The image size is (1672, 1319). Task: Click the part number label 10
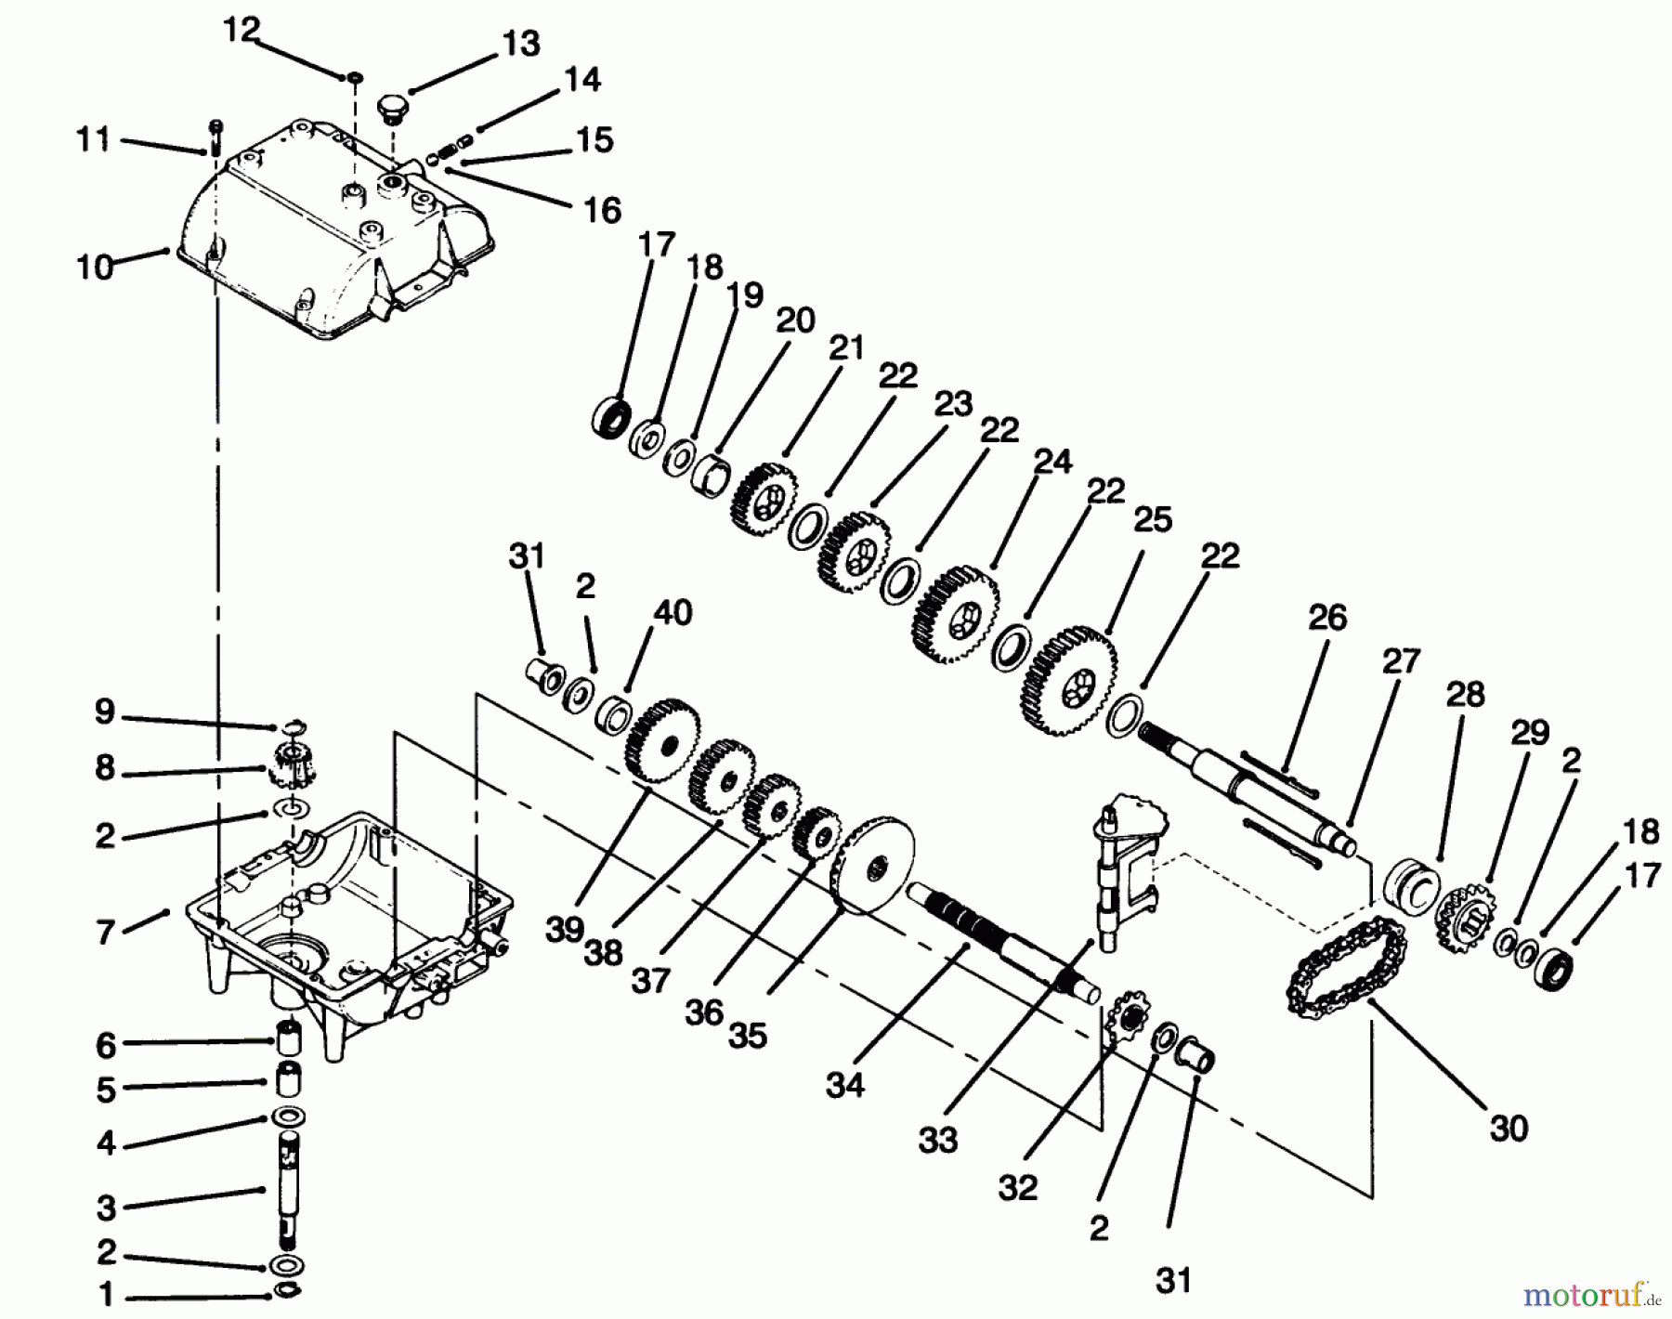95,268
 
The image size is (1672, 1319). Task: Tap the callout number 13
521,44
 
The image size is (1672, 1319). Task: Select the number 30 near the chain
1508,1128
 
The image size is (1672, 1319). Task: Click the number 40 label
673,613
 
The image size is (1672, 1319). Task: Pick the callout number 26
1326,618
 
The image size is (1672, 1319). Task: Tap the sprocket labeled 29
1465,914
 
